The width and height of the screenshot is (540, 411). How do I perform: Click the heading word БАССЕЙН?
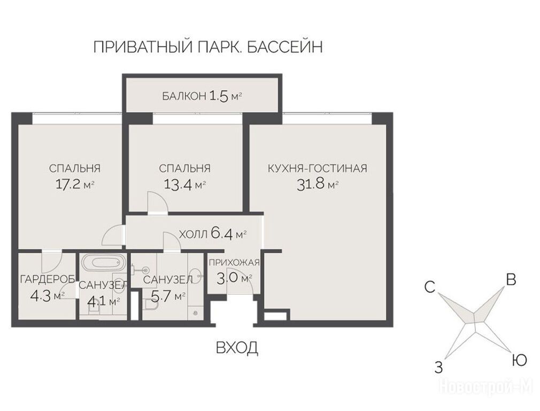click(285, 47)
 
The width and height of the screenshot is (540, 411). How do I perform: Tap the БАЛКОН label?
click(184, 96)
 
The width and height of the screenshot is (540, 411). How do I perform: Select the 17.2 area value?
click(68, 184)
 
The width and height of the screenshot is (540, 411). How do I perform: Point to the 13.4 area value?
click(178, 185)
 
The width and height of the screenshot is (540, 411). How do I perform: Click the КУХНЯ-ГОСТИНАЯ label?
click(317, 168)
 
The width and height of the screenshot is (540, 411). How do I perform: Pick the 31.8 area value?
click(311, 185)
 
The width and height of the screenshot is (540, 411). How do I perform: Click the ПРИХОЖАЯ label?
click(234, 263)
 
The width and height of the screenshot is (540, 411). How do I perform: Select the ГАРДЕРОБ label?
click(47, 279)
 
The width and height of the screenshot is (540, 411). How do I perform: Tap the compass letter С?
click(430, 287)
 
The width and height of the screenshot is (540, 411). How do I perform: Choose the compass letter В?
click(511, 279)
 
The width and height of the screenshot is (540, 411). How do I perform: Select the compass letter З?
click(438, 368)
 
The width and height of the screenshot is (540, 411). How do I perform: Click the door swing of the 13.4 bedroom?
click(157, 201)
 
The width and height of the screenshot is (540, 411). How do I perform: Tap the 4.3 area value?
click(40, 296)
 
